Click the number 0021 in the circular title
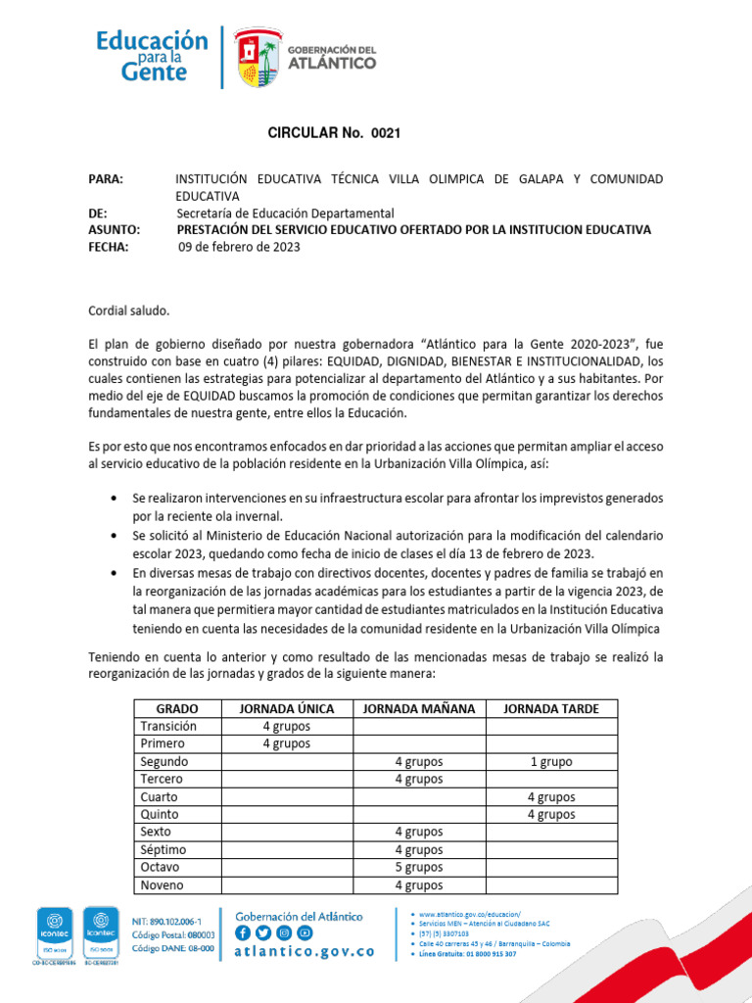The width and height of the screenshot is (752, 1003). (385, 132)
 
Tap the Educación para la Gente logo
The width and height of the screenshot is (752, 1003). (152, 56)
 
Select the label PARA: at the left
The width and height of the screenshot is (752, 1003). (106, 179)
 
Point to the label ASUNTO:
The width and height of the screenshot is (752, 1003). (114, 230)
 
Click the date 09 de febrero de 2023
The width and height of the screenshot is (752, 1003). (239, 248)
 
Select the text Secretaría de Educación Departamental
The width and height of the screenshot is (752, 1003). (285, 214)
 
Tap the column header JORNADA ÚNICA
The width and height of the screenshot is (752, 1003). (286, 708)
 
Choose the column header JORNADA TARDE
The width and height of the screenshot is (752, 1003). (551, 708)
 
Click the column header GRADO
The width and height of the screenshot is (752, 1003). (177, 708)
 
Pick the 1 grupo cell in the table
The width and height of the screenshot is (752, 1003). (551, 762)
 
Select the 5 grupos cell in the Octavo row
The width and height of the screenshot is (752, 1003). (418, 868)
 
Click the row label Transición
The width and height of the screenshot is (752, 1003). (168, 727)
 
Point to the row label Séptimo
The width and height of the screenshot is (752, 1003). (163, 850)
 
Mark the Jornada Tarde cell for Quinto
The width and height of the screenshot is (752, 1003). (551, 815)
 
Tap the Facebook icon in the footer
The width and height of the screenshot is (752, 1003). (243, 932)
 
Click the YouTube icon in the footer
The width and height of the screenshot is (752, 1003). (305, 932)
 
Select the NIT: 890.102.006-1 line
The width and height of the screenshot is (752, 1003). (167, 923)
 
